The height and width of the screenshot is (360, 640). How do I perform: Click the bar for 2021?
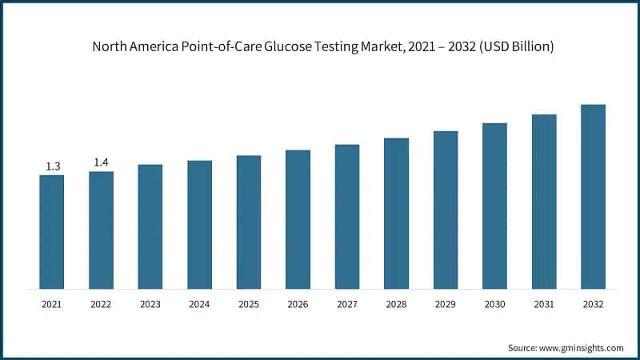(52, 231)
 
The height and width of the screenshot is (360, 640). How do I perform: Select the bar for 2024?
(199, 224)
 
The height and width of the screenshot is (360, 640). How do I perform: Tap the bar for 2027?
(347, 216)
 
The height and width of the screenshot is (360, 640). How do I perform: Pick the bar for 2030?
(494, 206)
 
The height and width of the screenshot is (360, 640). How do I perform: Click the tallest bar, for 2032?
(593, 196)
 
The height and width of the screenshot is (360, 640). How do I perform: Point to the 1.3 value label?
(53, 166)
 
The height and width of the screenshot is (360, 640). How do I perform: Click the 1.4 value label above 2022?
(102, 162)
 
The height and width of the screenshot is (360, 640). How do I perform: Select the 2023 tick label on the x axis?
(150, 304)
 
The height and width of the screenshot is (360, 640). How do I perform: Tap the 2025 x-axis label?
(249, 304)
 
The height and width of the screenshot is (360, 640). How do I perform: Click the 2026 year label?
(298, 304)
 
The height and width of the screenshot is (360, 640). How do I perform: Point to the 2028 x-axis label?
(396, 304)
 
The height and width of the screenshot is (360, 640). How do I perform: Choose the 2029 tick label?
(446, 304)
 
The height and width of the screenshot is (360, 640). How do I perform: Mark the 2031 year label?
(544, 304)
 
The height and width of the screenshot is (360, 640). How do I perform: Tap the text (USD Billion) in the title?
(511, 47)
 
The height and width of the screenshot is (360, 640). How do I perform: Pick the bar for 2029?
(446, 210)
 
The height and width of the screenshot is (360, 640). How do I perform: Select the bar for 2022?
(101, 230)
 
